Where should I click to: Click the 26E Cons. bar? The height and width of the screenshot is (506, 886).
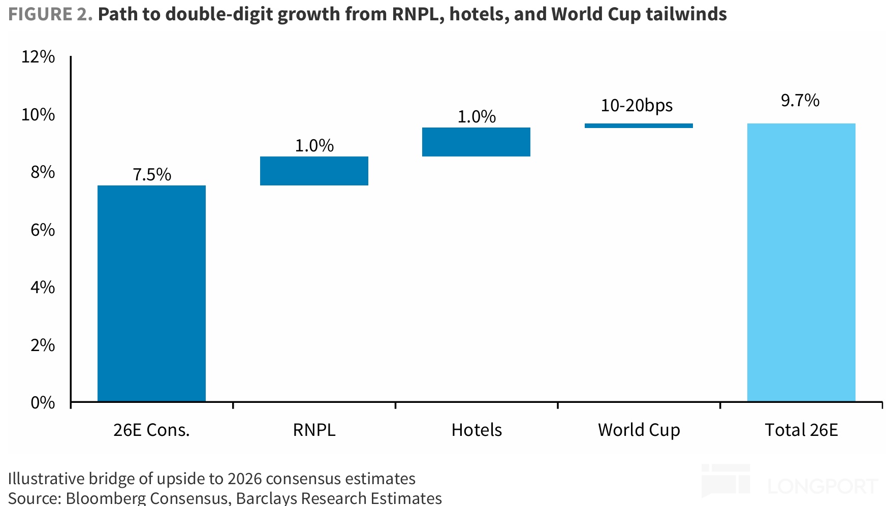pos(151,293)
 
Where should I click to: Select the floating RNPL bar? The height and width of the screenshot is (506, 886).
pos(314,171)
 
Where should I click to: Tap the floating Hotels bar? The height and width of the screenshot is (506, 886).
pos(476,142)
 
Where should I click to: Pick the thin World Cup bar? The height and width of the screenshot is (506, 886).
pos(639,125)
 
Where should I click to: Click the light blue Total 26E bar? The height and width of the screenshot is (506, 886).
pos(801,262)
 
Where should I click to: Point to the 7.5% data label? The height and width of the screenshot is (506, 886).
pos(152,175)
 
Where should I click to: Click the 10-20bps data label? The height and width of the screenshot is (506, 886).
pos(637,106)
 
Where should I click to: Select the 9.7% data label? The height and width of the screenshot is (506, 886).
pos(800,101)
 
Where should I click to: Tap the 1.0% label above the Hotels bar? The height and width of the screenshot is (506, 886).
pos(477,117)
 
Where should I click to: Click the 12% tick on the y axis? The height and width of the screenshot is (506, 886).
pos(38,56)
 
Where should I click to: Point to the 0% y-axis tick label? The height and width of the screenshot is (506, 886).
pos(43,402)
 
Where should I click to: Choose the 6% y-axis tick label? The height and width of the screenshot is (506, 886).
pos(43,230)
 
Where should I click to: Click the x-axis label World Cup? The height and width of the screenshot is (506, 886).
pos(639,430)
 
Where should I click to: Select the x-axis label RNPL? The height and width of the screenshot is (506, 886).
pos(314,430)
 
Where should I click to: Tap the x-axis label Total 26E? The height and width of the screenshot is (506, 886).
pos(801,430)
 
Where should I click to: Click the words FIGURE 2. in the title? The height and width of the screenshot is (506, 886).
pos(50,14)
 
